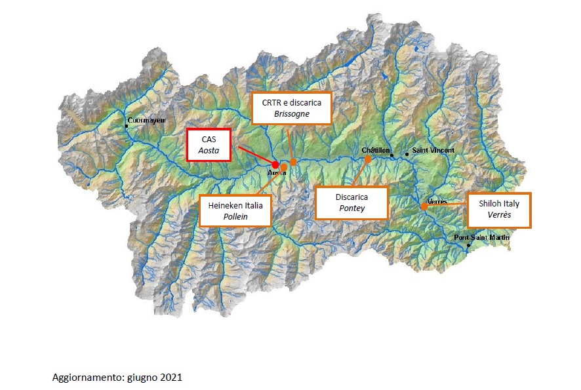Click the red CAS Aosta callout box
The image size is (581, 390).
point(209,145)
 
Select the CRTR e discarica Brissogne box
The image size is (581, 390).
point(292,107)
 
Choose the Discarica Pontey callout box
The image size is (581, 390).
point(351,202)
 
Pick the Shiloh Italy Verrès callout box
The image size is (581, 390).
point(498,210)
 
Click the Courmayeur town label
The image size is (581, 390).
point(148,121)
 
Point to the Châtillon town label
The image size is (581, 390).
point(376,150)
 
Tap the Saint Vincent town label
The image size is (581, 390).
point(433,150)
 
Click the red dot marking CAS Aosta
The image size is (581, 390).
point(275,164)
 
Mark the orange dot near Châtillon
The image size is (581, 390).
point(368,159)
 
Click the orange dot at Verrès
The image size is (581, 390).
point(424,205)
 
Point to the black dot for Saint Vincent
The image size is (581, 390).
point(407,155)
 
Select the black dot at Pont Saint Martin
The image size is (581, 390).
point(468,246)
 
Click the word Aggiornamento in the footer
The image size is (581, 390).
point(81,378)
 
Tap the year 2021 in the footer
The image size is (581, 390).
point(171,378)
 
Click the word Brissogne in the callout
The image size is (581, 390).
point(292,113)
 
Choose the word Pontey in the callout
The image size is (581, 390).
point(351,208)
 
